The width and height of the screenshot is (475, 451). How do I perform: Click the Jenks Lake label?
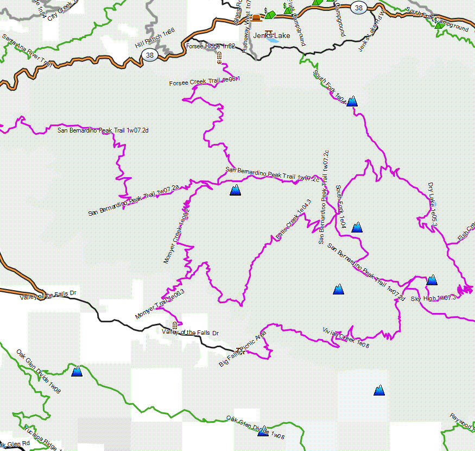(x=275, y=36)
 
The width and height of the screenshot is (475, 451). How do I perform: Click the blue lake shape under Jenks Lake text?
(x=273, y=41)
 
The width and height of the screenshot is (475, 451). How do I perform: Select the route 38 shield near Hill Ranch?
(x=150, y=55)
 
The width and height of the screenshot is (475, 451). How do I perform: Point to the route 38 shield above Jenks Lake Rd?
(x=358, y=7)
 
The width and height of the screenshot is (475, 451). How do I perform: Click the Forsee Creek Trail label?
(x=204, y=82)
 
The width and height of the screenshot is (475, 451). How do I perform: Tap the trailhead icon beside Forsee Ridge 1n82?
(x=219, y=58)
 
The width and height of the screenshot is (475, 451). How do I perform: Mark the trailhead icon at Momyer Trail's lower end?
(x=175, y=324)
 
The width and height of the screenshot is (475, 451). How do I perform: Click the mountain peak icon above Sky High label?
(x=432, y=280)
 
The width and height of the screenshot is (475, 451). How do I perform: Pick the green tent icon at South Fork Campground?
(x=439, y=25)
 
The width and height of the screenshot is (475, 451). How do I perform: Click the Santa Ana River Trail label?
(x=27, y=52)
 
